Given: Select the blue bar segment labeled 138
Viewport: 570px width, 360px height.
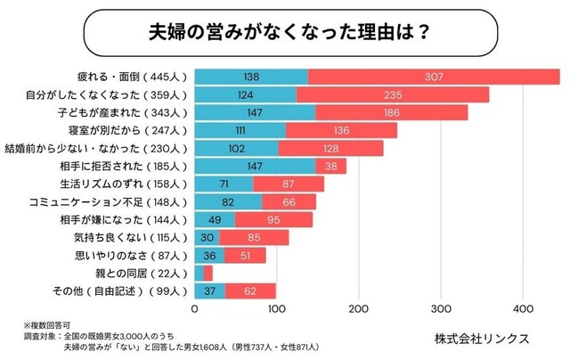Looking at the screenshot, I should coord(251,78).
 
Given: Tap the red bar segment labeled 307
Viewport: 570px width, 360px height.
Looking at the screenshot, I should coord(434,78).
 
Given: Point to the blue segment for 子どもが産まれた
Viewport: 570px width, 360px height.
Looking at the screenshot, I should coord(255,112).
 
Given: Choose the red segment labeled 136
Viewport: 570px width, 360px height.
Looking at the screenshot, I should coord(341,130).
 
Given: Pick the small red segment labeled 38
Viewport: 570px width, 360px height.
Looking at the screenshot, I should coord(330,166).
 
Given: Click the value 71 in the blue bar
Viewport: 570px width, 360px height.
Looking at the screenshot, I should coord(224,184).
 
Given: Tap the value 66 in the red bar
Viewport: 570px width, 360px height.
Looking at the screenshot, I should coord(289,202).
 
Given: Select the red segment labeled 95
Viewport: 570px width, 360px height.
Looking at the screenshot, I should coord(274,220).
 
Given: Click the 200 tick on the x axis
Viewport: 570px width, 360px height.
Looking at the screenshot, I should coord(359,310).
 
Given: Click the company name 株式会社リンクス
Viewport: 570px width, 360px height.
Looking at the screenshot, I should coord(482,339).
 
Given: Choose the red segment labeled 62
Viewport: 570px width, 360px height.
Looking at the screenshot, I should coord(250,291).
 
